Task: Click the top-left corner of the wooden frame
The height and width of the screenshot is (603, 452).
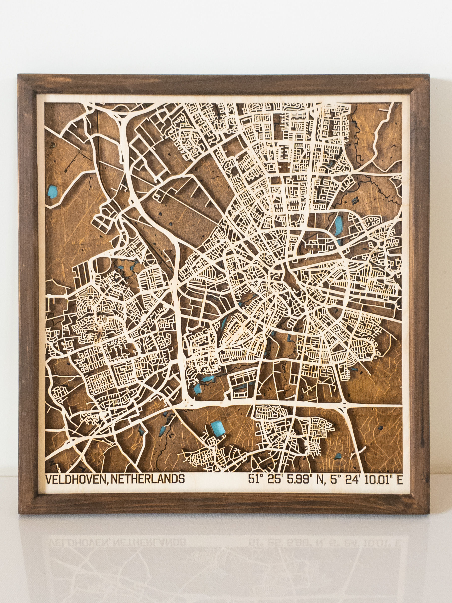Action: [x=18, y=74]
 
